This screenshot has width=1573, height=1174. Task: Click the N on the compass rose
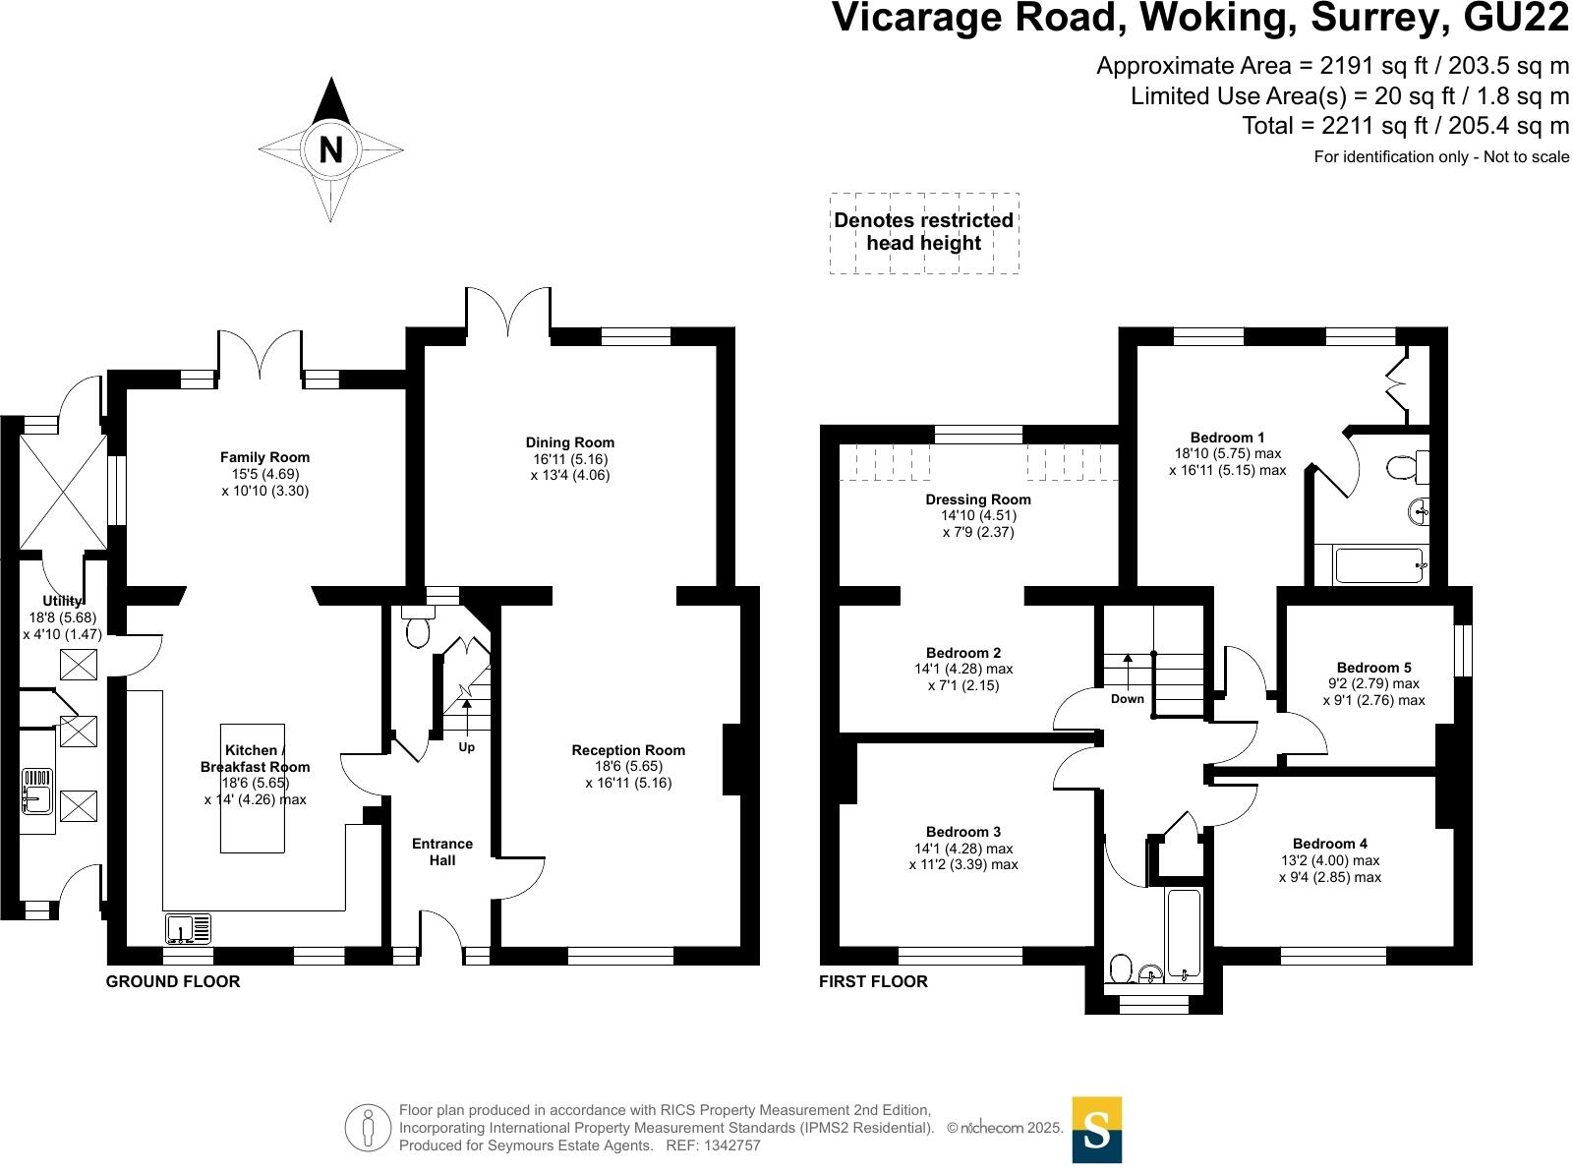[x=330, y=150]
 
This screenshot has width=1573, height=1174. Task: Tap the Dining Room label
[x=569, y=442]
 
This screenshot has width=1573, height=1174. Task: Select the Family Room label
[x=264, y=457]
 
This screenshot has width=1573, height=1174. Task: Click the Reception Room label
[x=628, y=750]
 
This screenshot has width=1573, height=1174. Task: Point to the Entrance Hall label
[x=442, y=852]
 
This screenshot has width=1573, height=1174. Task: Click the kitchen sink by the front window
[x=189, y=928]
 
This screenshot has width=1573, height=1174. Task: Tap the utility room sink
[x=37, y=792]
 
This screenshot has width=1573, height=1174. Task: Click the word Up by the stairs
[x=467, y=747]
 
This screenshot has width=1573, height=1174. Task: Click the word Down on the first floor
[x=1128, y=699]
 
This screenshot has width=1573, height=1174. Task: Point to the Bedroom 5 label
[x=1373, y=668]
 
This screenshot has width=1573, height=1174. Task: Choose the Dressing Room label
[x=978, y=499]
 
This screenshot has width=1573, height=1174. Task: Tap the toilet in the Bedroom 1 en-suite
[x=1408, y=467]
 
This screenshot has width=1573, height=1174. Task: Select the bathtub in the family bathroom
[x=1183, y=935]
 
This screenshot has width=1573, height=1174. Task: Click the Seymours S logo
[x=1096, y=1130]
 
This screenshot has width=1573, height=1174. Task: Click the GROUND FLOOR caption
[x=173, y=981]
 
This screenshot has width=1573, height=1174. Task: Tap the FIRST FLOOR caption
[x=873, y=981]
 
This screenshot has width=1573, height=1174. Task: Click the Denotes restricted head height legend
[x=924, y=231]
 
